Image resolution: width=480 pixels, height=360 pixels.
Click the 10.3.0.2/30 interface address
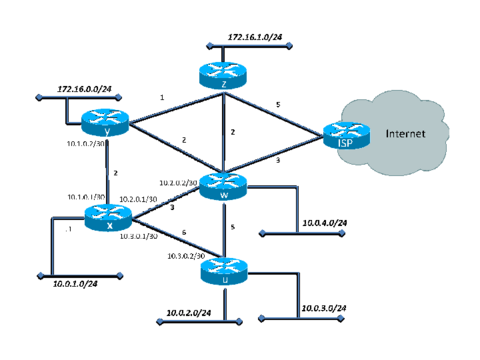point(186,257)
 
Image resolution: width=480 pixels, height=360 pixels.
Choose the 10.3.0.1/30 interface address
point(140,236)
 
